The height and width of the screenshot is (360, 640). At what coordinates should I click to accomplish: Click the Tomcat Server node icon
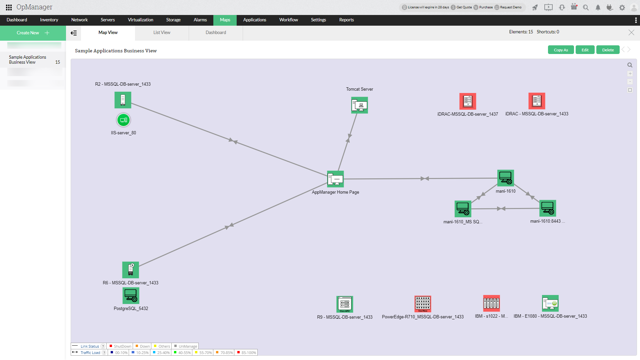[x=359, y=105]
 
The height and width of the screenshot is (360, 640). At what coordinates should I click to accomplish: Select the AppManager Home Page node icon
[x=335, y=179]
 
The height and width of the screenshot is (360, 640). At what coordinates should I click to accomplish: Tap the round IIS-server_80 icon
[x=123, y=120]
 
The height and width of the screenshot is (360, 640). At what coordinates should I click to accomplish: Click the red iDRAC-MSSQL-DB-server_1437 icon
[x=468, y=101]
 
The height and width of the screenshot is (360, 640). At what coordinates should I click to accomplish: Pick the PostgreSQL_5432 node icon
[x=131, y=296]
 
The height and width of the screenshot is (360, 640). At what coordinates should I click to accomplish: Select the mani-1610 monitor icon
[x=505, y=178]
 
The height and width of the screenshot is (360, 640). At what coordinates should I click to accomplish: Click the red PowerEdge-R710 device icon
[x=423, y=304]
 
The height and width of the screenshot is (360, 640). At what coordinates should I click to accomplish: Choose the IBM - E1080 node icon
[x=550, y=303]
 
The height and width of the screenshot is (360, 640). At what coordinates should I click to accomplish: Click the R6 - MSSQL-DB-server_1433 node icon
[x=131, y=270]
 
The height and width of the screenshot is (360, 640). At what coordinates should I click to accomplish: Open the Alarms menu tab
[x=200, y=20]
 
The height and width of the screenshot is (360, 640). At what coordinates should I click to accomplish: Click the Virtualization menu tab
[x=140, y=20]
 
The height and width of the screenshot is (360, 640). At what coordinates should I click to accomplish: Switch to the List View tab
[x=162, y=33]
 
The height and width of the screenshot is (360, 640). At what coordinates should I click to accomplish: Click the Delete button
[x=608, y=50]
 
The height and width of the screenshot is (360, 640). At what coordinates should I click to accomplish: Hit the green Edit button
[x=585, y=50]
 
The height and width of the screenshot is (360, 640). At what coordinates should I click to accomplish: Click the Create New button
[x=33, y=33]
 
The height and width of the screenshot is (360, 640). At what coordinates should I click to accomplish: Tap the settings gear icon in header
[x=622, y=8]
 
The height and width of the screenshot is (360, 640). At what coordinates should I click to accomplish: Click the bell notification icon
[x=598, y=8]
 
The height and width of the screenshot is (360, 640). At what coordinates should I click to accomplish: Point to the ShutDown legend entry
[x=120, y=346]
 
